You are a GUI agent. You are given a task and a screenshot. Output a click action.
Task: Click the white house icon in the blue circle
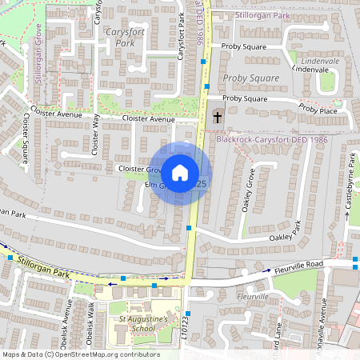[x=180, y=172]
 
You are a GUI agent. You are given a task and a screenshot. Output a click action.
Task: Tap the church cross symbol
[x=218, y=117]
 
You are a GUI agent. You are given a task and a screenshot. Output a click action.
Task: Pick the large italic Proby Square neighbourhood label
[x=251, y=78]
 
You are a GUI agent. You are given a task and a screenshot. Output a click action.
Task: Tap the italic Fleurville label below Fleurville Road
[x=253, y=296]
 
